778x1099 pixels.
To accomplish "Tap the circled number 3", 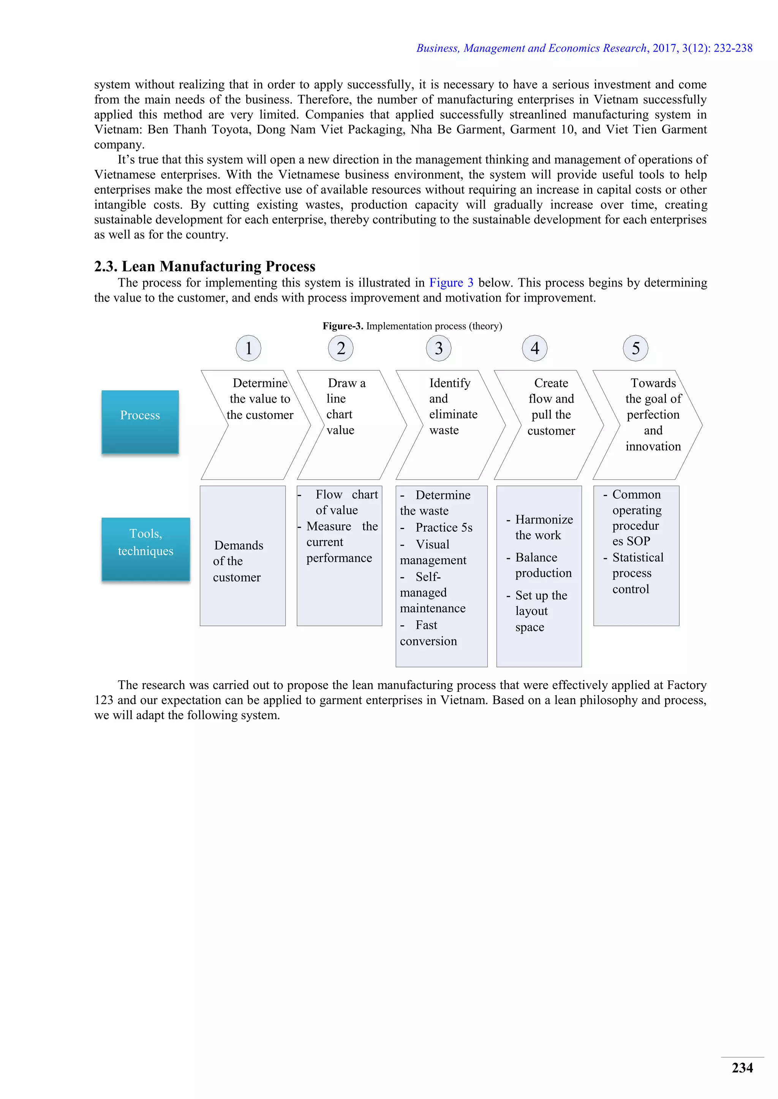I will [438, 348].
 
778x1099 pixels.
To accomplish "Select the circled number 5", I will [635, 348].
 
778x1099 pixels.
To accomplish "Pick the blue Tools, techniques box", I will [145, 549].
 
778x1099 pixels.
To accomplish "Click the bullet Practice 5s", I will [444, 527].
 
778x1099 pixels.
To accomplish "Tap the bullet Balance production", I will [543, 565].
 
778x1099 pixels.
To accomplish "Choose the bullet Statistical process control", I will [637, 573].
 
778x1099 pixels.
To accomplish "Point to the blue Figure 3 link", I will [451, 283].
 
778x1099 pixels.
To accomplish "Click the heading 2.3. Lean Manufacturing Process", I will [204, 266].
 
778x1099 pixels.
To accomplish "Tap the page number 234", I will [742, 1068].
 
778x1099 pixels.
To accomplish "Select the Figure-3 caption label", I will [343, 326].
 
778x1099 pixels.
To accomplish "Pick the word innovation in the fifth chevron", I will [653, 446].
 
